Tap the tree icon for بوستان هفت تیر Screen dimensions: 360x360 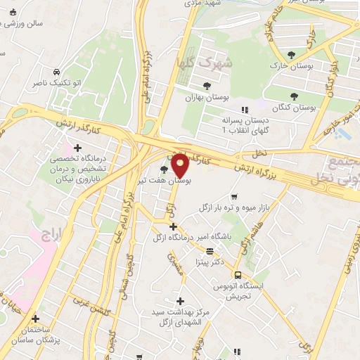point(165,169)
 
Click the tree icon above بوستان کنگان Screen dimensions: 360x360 point(295,96)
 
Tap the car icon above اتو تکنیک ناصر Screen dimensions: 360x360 point(56,71)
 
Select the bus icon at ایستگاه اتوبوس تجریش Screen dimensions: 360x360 point(238,275)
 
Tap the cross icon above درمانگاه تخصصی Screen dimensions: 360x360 point(77,148)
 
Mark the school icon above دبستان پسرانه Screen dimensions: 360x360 point(245,109)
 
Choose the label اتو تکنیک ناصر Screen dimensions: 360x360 point(56,83)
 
